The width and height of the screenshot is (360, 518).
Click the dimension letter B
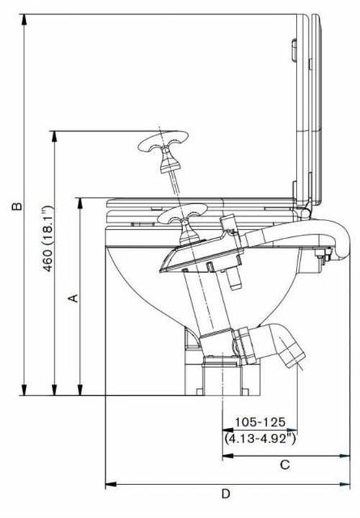(x=17, y=206)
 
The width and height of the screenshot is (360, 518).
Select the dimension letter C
(x=284, y=465)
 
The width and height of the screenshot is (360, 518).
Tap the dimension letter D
(x=225, y=494)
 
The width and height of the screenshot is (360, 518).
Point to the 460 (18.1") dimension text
(x=48, y=238)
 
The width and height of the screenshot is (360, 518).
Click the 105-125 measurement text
(x=260, y=422)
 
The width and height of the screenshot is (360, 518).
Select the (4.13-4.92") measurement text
(x=260, y=438)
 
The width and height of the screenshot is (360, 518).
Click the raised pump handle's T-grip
(x=163, y=142)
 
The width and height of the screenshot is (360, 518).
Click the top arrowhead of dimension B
(x=24, y=20)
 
